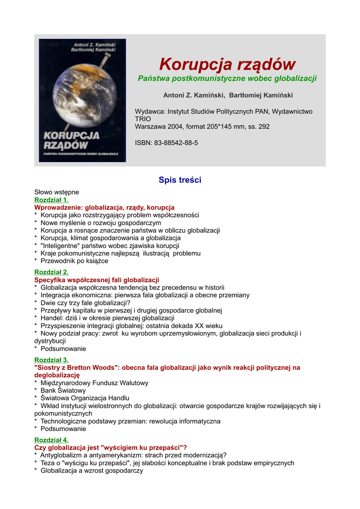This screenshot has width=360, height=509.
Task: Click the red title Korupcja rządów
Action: tap(227, 64)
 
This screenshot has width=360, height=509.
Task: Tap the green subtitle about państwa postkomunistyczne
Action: tap(227, 79)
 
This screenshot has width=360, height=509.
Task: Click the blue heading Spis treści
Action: tap(180, 180)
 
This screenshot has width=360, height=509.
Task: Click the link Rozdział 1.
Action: tap(51, 200)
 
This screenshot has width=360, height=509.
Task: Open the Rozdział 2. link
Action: tap(51, 272)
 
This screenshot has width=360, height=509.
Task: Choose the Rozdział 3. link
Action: tap(51, 360)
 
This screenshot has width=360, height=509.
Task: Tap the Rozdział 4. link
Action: tap(51, 440)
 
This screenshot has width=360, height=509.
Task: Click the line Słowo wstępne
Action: tap(57, 192)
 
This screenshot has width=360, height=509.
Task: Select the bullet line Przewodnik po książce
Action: tap(74, 261)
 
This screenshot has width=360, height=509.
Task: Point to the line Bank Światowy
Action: tap(63, 391)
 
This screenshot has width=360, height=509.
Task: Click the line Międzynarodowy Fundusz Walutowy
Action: tap(94, 383)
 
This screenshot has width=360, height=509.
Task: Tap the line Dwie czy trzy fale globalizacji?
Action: tap(86, 303)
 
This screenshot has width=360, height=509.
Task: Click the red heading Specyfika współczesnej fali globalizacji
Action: tap(96, 280)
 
